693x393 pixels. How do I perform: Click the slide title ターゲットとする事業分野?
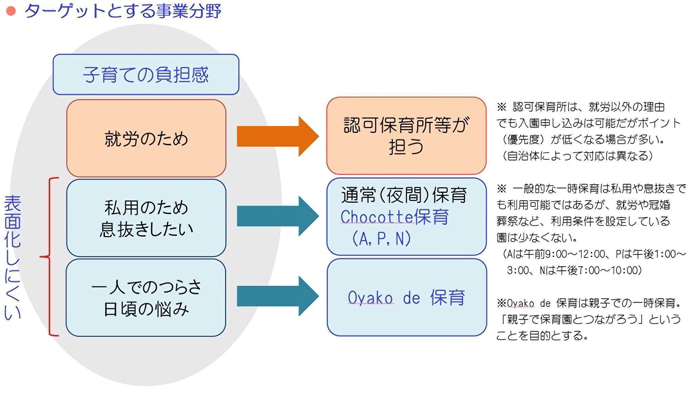pyautogui.click(x=123, y=11)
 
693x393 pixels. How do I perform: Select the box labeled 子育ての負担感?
pyautogui.click(x=146, y=74)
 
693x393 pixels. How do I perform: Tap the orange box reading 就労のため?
pyautogui.click(x=146, y=138)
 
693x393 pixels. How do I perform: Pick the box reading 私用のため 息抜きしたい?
pyautogui.click(x=146, y=218)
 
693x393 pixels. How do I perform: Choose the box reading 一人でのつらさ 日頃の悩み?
pyautogui.click(x=146, y=298)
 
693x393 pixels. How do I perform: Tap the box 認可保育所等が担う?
pyautogui.click(x=406, y=136)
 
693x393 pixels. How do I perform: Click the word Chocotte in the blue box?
pyautogui.click(x=377, y=217)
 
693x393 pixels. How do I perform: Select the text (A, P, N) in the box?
pyautogui.click(x=381, y=239)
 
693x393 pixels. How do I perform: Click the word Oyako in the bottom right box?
pyautogui.click(x=370, y=298)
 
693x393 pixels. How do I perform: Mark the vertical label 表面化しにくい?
pyautogui.click(x=13, y=257)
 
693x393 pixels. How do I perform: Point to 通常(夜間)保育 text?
pyautogui.click(x=404, y=195)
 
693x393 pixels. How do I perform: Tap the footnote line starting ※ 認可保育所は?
pyautogui.click(x=581, y=107)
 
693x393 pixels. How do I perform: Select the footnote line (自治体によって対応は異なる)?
pyautogui.click(x=577, y=156)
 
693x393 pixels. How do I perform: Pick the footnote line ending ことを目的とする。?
pyautogui.click(x=542, y=336)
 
